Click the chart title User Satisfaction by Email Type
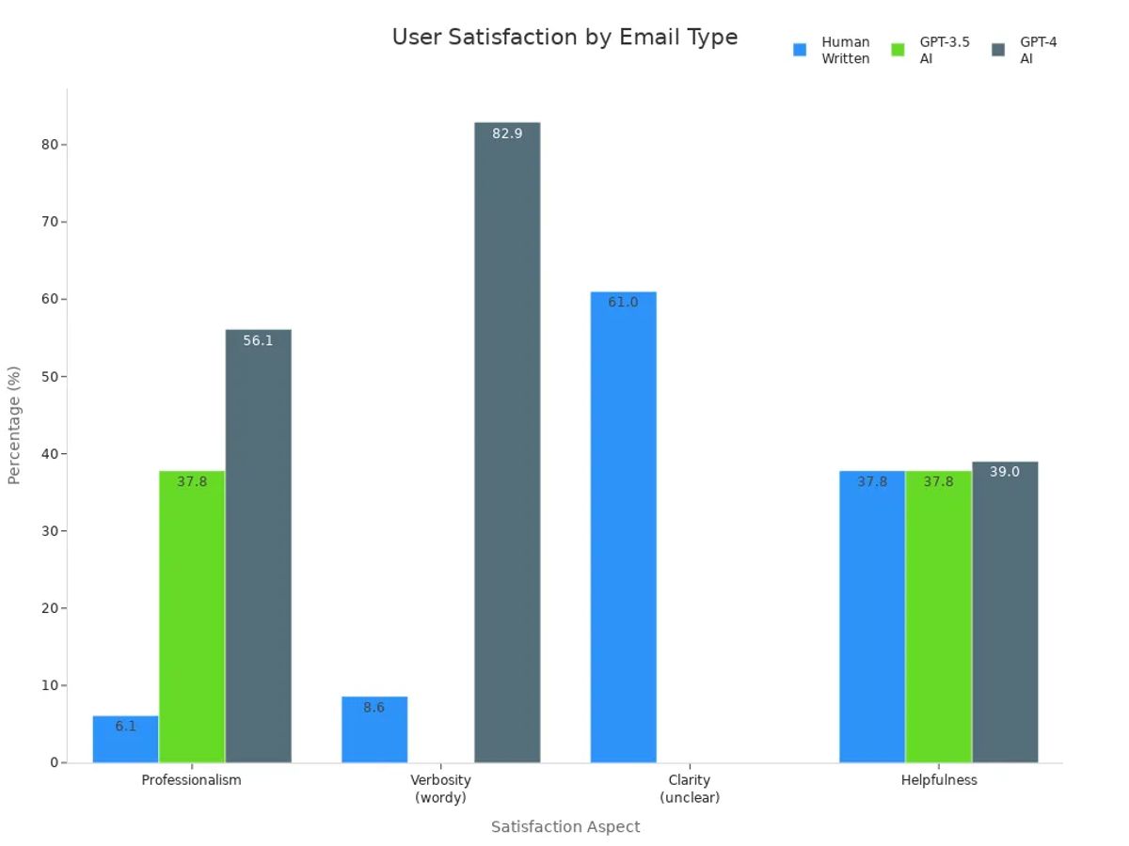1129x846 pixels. [564, 38]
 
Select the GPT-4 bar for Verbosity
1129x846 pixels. [507, 442]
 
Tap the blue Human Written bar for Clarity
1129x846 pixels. [623, 526]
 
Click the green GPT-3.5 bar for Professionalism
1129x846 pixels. [192, 616]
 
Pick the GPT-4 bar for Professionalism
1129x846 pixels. [258, 545]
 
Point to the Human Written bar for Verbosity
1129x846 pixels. [374, 729]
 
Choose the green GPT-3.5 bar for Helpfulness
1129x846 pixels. [938, 616]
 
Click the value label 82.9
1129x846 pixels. [507, 133]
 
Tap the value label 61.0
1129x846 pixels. [623, 303]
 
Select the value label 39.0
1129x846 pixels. [1004, 472]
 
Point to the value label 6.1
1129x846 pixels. [125, 727]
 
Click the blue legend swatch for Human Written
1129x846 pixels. [800, 50]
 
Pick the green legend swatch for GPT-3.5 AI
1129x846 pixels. [898, 50]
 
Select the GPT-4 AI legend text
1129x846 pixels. [1038, 50]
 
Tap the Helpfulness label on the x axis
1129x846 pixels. [938, 780]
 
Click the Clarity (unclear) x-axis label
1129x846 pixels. [690, 789]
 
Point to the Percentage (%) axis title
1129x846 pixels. [14, 425]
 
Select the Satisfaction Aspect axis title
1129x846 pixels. [564, 827]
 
